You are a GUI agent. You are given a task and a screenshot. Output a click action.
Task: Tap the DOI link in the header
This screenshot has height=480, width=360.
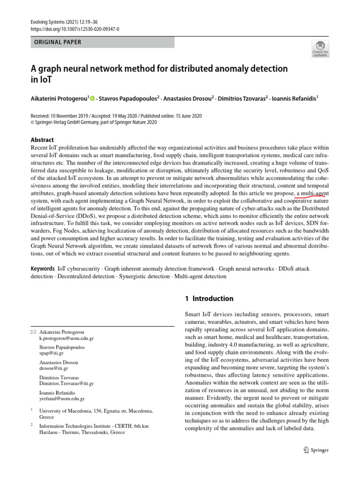pos(75,29)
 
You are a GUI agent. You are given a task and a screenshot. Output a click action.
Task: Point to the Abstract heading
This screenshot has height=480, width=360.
pos(42,140)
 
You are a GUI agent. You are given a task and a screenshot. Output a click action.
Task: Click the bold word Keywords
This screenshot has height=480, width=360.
pos(43,269)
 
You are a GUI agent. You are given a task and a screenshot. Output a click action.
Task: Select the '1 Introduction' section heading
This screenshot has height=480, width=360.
pos(207,299)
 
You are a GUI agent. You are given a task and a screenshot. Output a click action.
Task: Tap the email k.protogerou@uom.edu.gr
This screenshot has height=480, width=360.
pos(67,338)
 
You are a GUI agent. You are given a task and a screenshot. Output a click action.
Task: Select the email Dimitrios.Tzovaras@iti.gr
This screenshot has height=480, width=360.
pos(67,383)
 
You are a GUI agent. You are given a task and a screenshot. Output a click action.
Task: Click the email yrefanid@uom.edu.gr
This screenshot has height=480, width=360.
pos(62,399)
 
